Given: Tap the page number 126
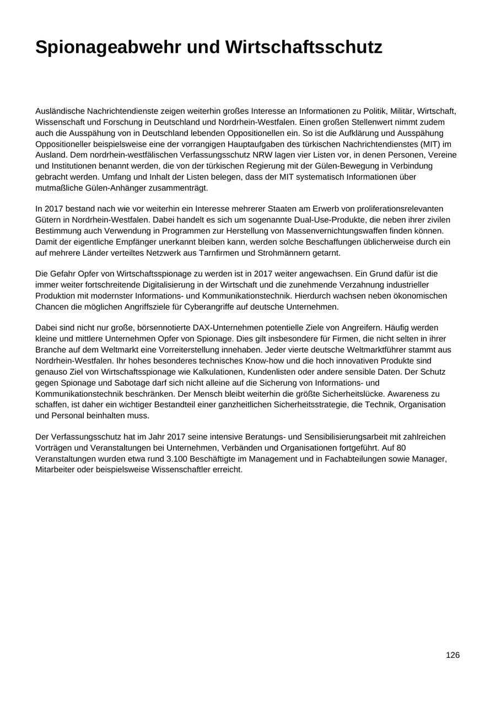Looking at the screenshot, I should (x=452, y=655).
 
